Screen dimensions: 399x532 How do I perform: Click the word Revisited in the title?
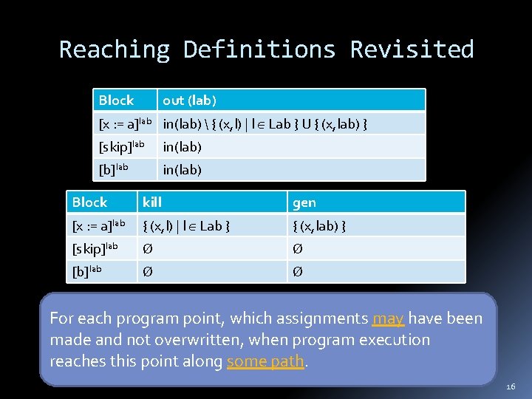point(412,50)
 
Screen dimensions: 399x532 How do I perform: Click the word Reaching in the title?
point(115,50)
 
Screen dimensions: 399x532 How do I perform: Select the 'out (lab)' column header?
point(189,100)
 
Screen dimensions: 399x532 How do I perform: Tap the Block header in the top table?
point(116,100)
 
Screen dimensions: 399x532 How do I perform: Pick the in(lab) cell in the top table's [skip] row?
point(182,147)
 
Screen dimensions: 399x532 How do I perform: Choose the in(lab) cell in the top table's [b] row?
point(182,170)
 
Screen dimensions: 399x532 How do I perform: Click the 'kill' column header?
point(152,202)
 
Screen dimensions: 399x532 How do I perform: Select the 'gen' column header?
point(304,202)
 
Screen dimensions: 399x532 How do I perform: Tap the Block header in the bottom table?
point(89,202)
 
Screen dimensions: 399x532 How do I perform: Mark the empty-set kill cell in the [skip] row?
point(148,249)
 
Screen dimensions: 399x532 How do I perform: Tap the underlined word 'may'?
point(388,318)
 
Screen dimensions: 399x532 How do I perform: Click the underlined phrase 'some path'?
point(265,361)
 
